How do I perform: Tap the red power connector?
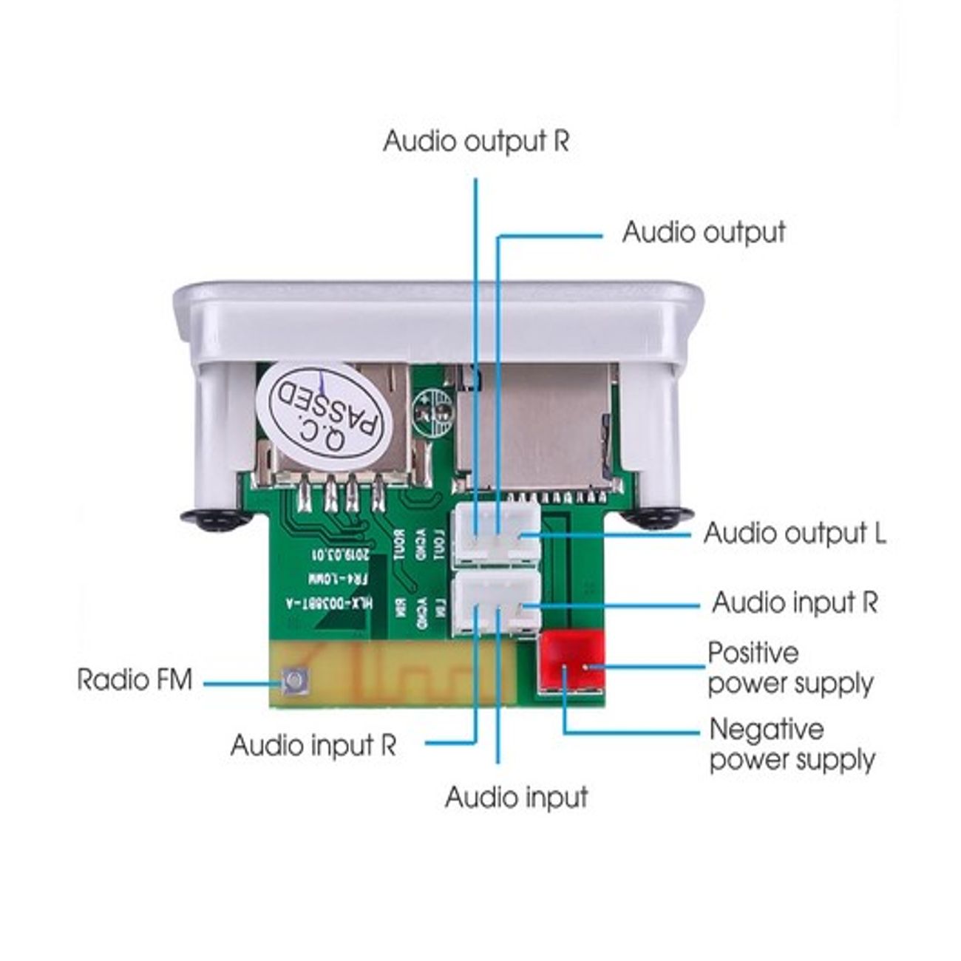(x=572, y=662)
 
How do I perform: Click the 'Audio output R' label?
(x=476, y=141)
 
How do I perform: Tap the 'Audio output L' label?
(x=794, y=533)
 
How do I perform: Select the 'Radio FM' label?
(x=134, y=679)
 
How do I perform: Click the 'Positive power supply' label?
(x=789, y=668)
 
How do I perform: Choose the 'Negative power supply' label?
(x=791, y=744)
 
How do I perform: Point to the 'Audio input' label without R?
(x=516, y=797)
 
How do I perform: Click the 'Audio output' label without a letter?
(x=703, y=232)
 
